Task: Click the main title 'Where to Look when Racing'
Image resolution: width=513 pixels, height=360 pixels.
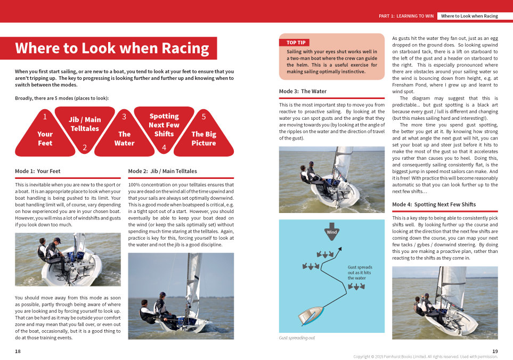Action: tap(112, 48)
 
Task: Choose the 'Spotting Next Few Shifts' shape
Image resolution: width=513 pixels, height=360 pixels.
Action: tap(164, 126)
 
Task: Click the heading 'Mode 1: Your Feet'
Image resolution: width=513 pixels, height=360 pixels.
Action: tap(38, 171)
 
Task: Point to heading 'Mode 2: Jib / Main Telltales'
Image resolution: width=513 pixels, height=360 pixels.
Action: tap(162, 171)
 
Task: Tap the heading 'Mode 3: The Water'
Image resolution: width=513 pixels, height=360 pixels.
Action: tap(303, 92)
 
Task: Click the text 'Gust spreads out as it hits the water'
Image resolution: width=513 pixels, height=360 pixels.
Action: tap(360, 273)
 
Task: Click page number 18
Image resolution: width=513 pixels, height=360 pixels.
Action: tap(18, 351)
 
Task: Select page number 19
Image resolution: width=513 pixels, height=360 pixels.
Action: tap(495, 351)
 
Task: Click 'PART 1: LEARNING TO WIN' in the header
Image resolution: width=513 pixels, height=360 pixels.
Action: tap(406, 16)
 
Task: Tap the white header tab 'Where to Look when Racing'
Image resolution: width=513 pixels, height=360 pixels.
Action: tap(469, 16)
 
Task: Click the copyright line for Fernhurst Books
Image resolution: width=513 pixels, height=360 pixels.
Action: tap(425, 356)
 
